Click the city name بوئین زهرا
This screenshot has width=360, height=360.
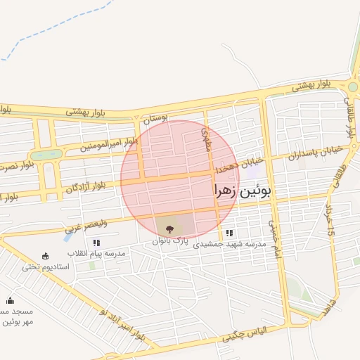click(241, 191)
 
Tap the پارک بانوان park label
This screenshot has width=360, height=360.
click(172, 240)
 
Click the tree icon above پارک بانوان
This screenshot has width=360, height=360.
click(168, 229)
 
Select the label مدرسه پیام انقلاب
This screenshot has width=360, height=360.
click(96, 252)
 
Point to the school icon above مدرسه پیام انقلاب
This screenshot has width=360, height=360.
click(96, 243)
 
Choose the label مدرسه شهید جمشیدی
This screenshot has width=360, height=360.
click(230, 243)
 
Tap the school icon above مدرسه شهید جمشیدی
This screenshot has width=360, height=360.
click(229, 233)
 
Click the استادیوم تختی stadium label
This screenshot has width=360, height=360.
click(46, 266)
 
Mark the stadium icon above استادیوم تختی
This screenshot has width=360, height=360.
click(46, 256)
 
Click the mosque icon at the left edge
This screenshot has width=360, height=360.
click(10, 300)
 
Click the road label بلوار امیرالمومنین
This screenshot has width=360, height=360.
click(109, 144)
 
